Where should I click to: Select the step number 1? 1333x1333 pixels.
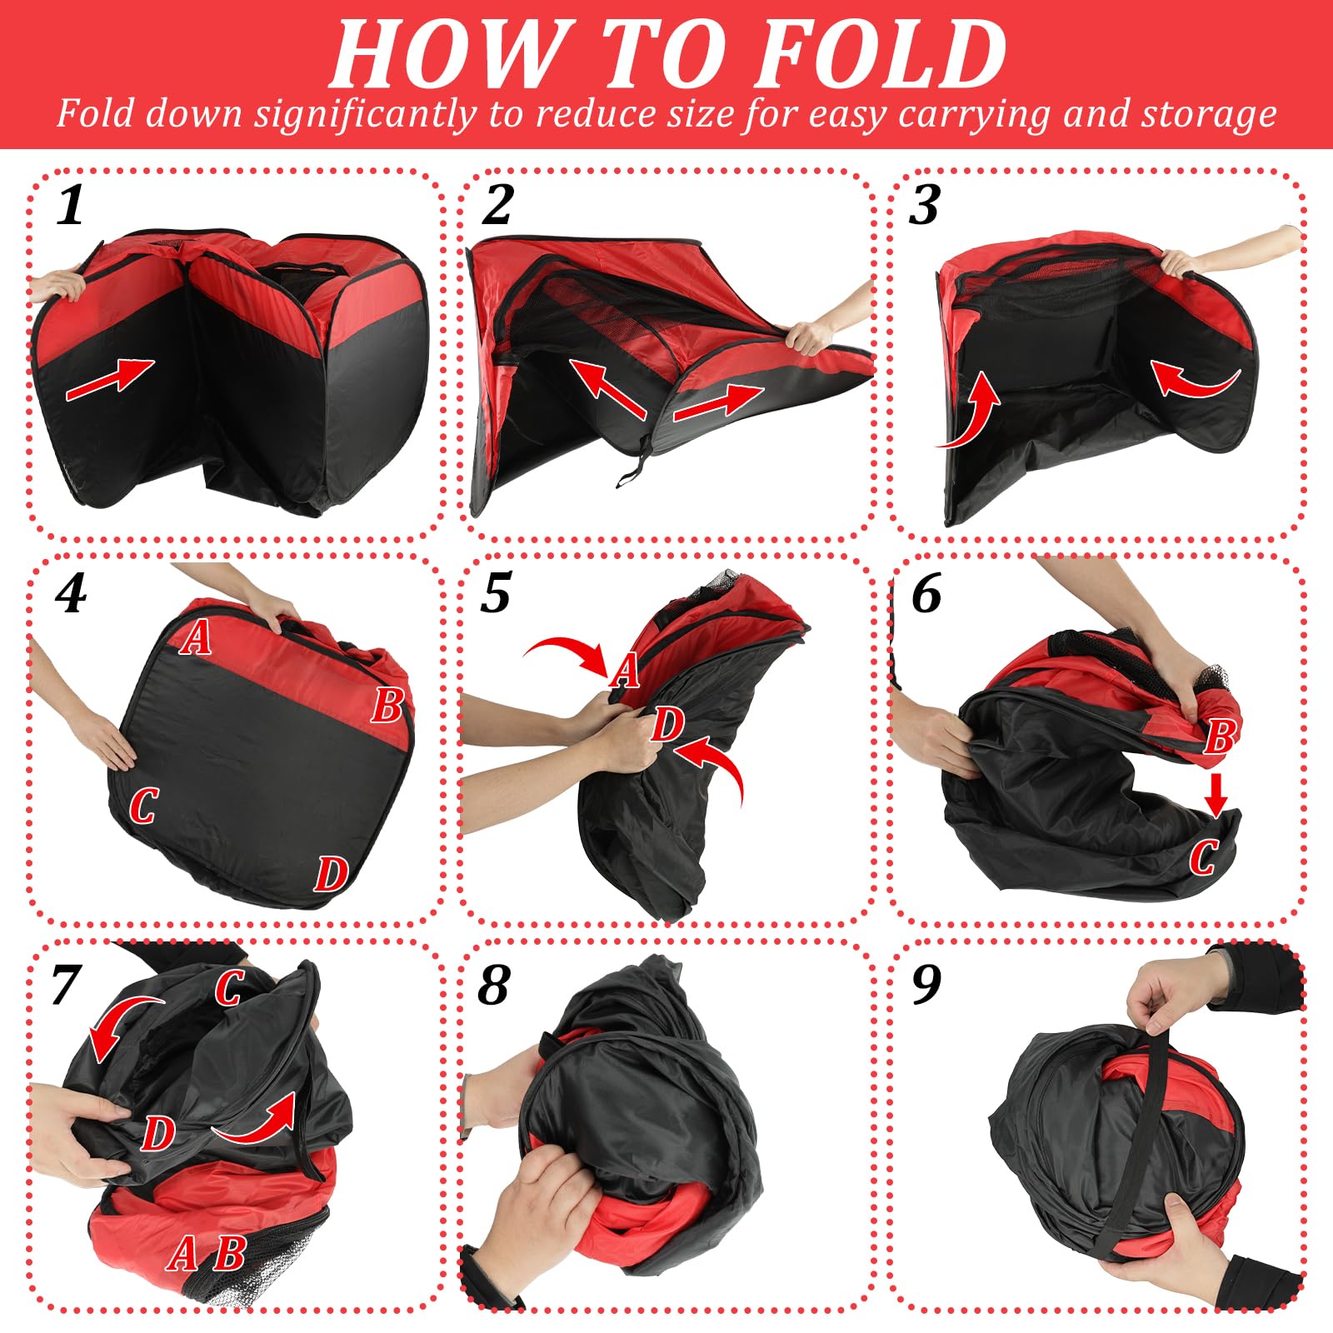pos(71,205)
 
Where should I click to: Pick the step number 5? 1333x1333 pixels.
pos(496,593)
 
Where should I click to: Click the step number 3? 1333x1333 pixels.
pos(924,205)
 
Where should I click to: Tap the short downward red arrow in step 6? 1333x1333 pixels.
pos(1216,794)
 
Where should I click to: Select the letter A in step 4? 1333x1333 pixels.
pos(196,638)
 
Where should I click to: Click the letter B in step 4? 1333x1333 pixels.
pos(387,706)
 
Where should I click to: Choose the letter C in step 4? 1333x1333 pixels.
pos(142,805)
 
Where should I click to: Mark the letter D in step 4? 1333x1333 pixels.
pos(331,873)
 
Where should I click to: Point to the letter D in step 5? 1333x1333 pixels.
pos(667,724)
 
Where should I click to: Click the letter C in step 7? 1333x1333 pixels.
pos(228,988)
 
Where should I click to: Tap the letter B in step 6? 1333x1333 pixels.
pos(1220,736)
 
